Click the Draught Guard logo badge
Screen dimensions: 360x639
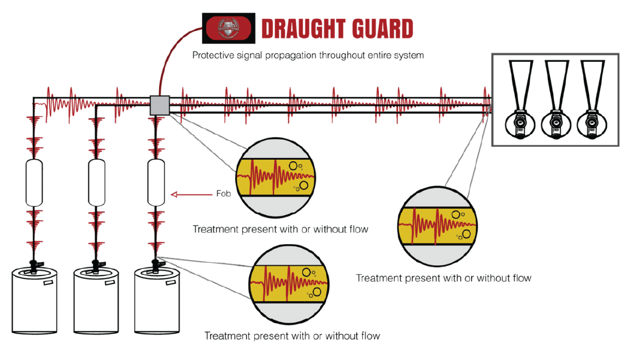[x=229, y=28]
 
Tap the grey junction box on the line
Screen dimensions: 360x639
[x=159, y=105]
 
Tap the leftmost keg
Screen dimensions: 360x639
[x=34, y=301]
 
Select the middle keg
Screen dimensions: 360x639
[x=96, y=301]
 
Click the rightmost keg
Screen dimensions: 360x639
[x=157, y=301]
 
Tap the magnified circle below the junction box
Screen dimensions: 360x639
[x=276, y=177]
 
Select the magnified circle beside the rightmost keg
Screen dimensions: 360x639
[x=289, y=283]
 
